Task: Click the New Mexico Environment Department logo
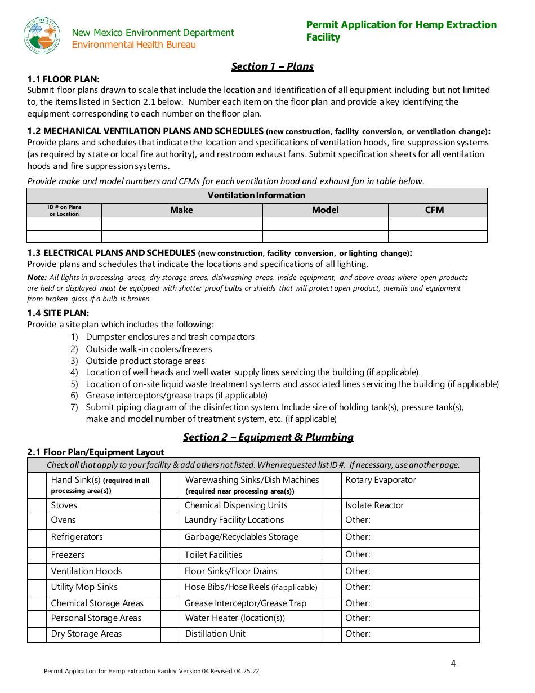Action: [x=42, y=35]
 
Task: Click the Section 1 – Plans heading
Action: [x=273, y=66]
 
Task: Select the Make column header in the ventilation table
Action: [x=181, y=210]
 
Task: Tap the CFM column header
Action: [x=434, y=210]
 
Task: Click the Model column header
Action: [x=326, y=210]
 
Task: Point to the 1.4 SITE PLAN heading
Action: [x=59, y=313]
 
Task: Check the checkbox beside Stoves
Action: [x=37, y=505]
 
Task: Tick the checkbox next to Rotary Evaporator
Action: [x=332, y=485]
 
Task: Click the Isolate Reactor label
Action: [x=374, y=505]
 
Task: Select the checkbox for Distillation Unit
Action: [x=170, y=634]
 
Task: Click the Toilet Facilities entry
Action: [x=213, y=555]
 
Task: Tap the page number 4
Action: [x=453, y=663]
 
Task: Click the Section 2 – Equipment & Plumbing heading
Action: [x=268, y=437]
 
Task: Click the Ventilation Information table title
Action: [x=256, y=196]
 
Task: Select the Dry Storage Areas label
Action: [x=86, y=634]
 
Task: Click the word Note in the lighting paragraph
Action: [x=37, y=277]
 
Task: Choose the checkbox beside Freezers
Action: [x=37, y=555]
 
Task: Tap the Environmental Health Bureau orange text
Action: [x=134, y=45]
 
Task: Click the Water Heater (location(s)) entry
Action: [x=235, y=618]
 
